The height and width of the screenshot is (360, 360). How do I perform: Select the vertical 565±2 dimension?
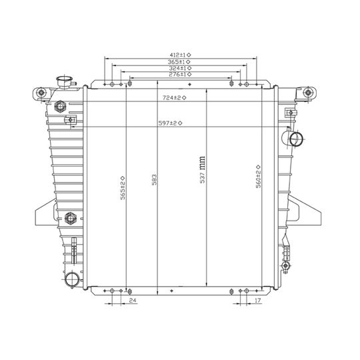tap(123, 188)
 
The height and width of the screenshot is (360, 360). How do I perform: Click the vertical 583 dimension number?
tap(155, 180)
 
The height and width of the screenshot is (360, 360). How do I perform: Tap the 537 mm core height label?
tap(202, 170)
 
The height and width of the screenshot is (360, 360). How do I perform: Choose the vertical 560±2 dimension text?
tap(258, 177)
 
